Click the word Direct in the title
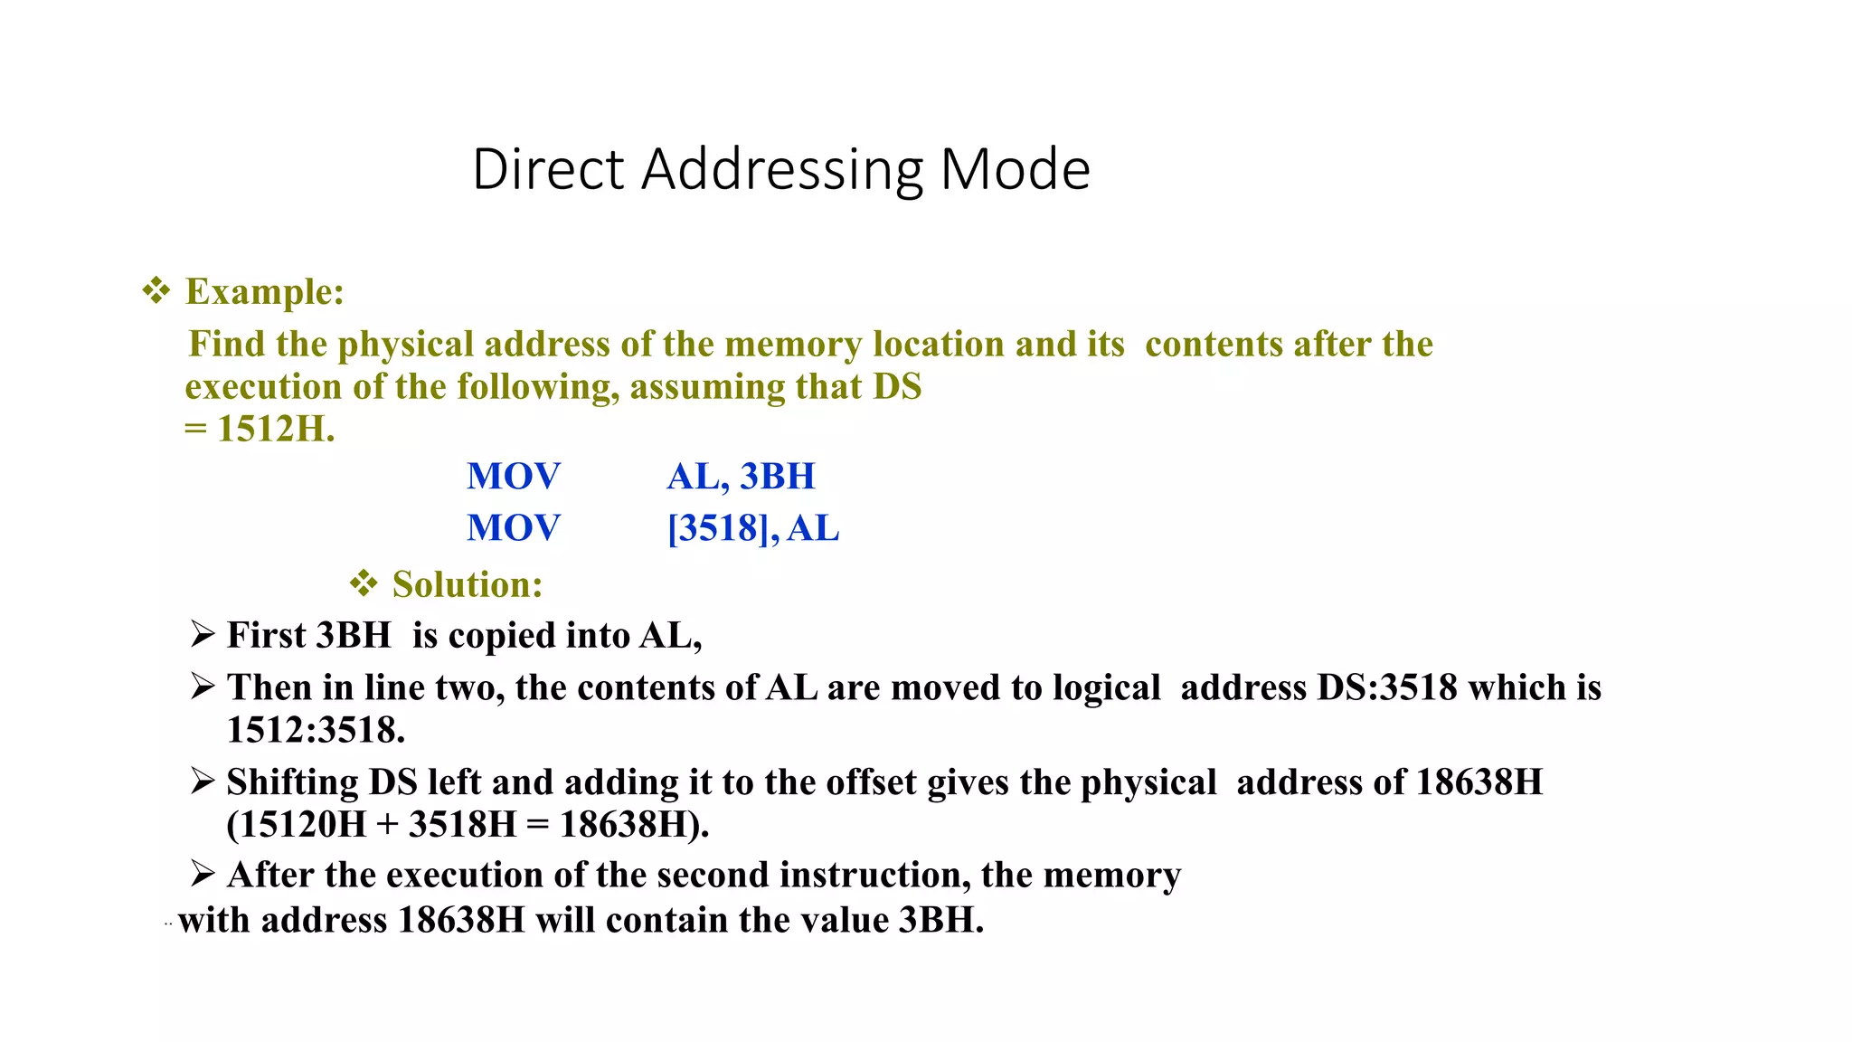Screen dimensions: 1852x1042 [548, 169]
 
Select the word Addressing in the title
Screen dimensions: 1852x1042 [782, 171]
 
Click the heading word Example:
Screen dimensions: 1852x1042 [265, 292]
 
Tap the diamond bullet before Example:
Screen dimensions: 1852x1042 [156, 291]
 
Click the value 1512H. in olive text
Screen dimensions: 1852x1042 [276, 429]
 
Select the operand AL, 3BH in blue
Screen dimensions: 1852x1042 [741, 477]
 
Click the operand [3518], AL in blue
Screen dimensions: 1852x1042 [753, 528]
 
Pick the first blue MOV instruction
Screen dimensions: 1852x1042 [513, 477]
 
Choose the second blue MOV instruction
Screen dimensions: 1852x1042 [513, 528]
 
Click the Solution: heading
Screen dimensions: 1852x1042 [468, 585]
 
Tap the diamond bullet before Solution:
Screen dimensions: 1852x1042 [363, 584]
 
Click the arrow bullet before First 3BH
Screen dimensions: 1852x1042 [203, 634]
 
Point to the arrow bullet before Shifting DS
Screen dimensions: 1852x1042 [203, 781]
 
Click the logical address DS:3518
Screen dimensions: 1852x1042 [1387, 688]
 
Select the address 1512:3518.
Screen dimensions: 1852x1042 [316, 731]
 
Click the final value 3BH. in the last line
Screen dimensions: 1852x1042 [940, 921]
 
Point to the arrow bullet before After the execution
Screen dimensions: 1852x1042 [203, 874]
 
